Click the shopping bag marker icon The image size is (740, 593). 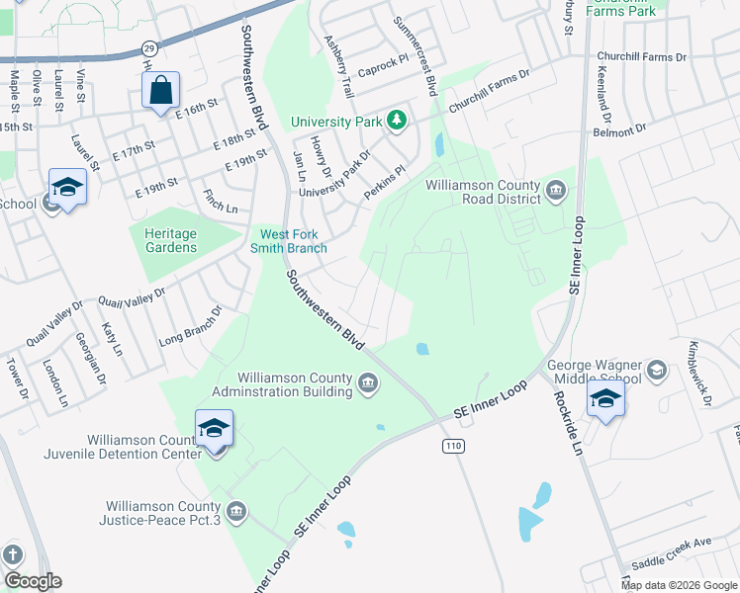160,92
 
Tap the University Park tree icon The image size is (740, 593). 396,122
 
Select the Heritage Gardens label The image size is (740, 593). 164,240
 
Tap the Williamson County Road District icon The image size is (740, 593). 554,190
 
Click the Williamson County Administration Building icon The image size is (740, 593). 367,382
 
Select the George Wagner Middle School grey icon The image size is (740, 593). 655,371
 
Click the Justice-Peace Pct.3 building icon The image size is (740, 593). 235,511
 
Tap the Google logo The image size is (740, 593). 33,581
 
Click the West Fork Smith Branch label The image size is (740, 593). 294,241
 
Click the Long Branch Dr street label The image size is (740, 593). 191,327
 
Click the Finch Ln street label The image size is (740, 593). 220,201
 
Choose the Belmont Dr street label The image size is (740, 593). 618,129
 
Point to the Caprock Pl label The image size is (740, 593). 383,62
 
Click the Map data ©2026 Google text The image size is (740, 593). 680,585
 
